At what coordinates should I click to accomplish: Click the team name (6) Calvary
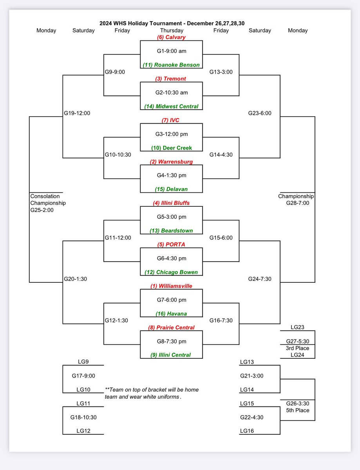171,37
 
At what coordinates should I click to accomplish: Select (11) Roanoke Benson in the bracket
171,65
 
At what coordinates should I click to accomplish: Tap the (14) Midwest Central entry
171,106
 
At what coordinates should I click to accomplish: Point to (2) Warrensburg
171,161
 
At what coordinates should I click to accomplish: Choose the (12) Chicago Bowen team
171,272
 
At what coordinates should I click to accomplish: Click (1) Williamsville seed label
171,286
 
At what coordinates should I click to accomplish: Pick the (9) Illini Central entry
171,355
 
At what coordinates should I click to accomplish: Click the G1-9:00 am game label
171,51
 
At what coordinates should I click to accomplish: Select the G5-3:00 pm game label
171,217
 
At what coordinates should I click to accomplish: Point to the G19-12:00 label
77,113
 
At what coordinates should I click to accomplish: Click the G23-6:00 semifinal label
260,113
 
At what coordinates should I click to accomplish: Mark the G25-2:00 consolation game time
42,210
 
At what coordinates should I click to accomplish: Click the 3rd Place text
297,348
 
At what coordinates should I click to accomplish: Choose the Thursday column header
171,30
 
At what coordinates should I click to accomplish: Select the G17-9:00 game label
83,376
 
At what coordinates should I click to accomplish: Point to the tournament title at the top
172,23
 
